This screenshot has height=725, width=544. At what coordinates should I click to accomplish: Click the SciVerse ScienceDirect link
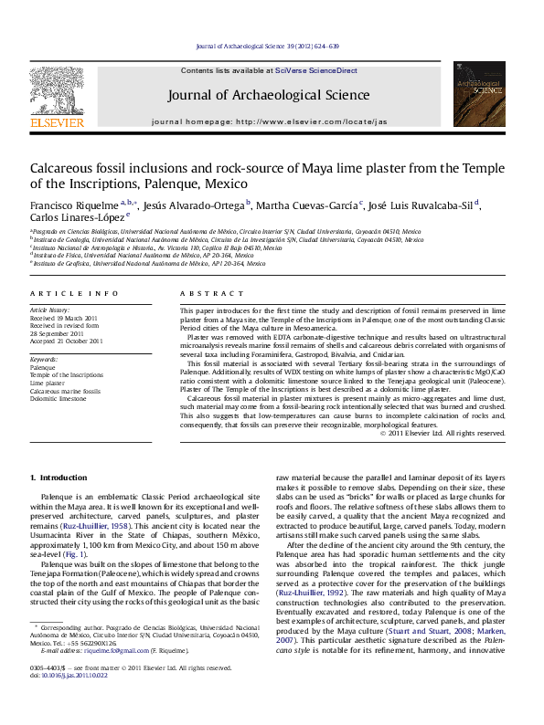point(311,70)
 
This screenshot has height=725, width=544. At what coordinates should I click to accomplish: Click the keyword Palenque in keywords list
point(44,367)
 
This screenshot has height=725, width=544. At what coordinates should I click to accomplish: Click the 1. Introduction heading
point(59,478)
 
